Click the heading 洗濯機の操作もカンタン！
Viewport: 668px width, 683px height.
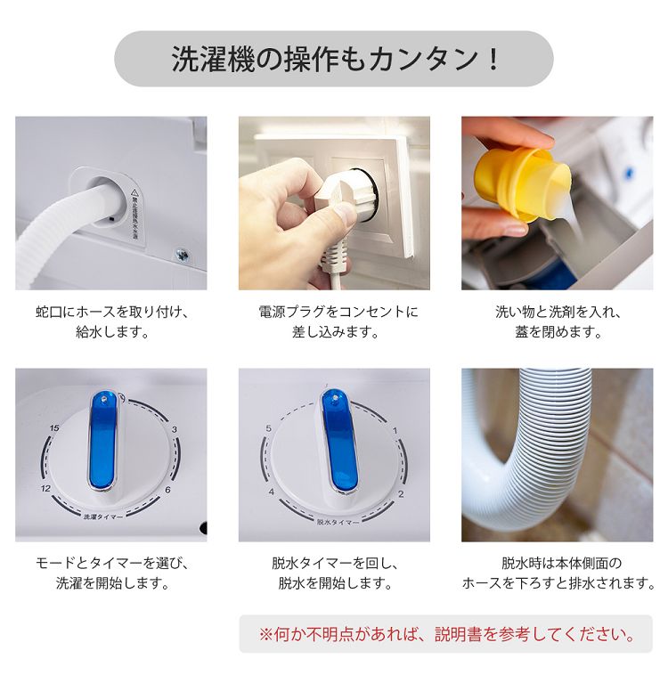pos(334,60)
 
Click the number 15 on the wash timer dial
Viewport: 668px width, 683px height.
pos(54,428)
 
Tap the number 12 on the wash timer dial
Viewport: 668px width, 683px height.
pos(45,489)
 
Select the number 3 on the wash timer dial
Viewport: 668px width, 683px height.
pos(175,429)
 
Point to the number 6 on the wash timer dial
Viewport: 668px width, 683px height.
pos(167,490)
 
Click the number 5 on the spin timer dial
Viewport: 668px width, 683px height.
pos(268,428)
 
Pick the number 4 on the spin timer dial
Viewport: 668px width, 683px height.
pos(272,492)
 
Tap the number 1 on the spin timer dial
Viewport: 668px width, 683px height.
pos(395,431)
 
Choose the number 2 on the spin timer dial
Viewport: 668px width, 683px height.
pos(401,494)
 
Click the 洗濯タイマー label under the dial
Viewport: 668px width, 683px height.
pos(102,516)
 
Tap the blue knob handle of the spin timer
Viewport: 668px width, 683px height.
pos(338,442)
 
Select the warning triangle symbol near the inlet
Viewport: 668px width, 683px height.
pos(134,191)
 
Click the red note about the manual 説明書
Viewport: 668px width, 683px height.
pos(446,634)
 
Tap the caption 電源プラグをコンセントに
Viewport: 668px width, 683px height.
pos(338,312)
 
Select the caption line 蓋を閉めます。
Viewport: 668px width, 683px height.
pos(558,332)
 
